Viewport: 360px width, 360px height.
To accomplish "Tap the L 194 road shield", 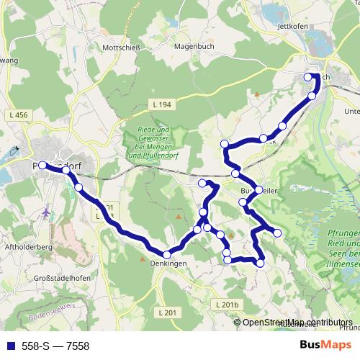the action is pyautogui.click(x=163, y=105).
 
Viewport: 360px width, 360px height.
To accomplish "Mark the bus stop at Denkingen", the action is pyautogui.click(x=167, y=254).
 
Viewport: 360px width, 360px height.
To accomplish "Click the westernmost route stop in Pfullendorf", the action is pyautogui.click(x=42, y=165).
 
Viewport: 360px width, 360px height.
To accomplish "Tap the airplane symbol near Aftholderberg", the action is pyautogui.click(x=48, y=214).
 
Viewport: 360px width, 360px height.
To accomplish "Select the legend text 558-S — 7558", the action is pyautogui.click(x=55, y=346).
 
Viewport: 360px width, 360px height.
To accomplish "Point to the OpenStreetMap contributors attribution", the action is pyautogui.click(x=297, y=322).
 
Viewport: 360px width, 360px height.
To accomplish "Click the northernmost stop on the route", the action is pyautogui.click(x=308, y=77).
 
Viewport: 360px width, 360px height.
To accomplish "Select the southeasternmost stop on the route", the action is pyautogui.click(x=260, y=264).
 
